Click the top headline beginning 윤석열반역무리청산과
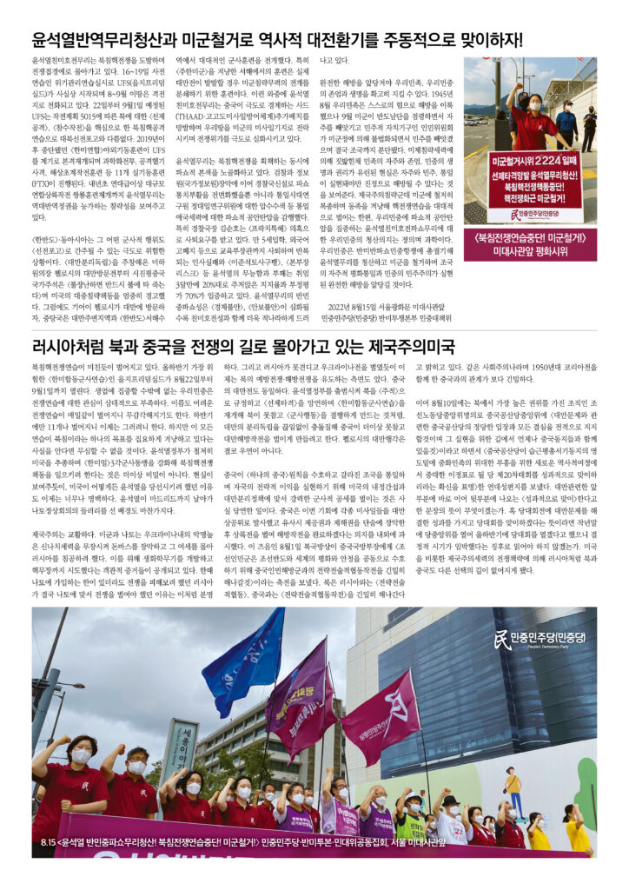(276, 39)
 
